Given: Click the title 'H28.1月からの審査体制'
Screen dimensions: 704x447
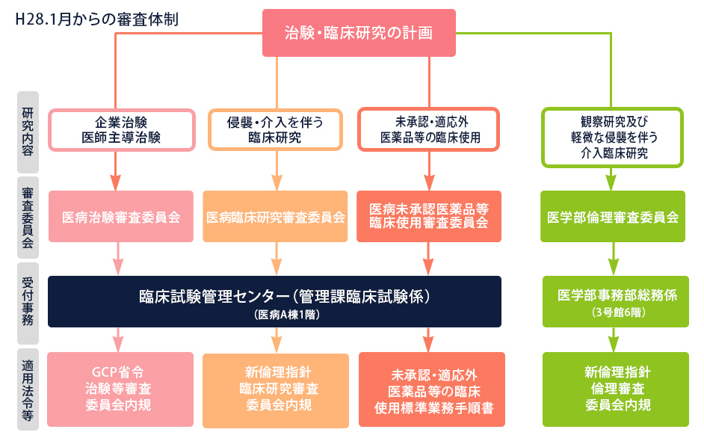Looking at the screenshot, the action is pos(97,19).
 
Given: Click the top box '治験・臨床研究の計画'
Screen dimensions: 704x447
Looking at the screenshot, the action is pos(359,33).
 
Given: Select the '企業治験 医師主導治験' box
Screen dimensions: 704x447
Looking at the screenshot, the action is pos(121,130).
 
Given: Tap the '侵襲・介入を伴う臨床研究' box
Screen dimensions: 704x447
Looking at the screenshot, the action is pos(275,130).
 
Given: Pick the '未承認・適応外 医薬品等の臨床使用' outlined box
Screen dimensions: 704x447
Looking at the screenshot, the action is pos(429,129).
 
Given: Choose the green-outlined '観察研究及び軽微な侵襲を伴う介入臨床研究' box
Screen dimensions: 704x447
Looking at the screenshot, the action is pos(612,138).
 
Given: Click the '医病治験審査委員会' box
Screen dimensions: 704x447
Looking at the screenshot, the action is pos(121,217).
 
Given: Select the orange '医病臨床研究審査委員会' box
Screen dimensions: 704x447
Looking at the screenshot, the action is pos(275,217).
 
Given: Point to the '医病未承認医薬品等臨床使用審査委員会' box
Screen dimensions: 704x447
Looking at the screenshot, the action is pos(429,217).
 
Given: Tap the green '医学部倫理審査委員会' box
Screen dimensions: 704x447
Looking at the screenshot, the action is pos(613,217).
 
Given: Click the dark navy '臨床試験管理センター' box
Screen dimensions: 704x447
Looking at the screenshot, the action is pos(274,301).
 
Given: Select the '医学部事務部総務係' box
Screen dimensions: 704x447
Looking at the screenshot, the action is pos(616,301).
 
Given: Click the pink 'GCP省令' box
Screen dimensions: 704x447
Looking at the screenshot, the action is pos(120,389).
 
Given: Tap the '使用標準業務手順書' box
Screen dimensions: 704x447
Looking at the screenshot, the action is pos(432,389).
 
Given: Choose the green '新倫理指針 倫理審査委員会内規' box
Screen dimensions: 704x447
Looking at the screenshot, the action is pos(616,389).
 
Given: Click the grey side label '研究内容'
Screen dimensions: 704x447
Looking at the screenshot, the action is pos(28,132).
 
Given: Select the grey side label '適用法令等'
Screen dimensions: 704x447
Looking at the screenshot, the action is pos(28,389).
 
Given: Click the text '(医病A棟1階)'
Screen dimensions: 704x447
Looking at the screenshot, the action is pos(287,315).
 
